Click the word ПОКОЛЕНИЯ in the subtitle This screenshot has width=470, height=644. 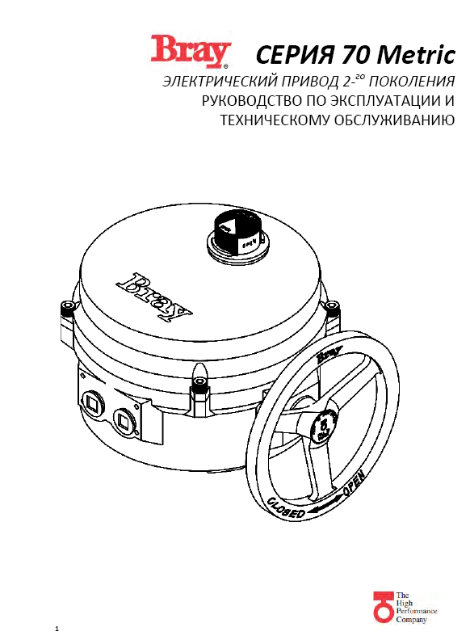[x=412, y=81]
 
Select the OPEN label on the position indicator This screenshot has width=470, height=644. [x=250, y=243]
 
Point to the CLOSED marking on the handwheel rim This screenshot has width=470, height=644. [x=286, y=507]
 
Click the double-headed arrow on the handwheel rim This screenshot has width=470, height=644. [x=325, y=504]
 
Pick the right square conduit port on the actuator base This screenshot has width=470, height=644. [x=124, y=419]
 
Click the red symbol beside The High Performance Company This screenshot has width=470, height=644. [x=383, y=608]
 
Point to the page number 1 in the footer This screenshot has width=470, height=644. [x=57, y=629]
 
